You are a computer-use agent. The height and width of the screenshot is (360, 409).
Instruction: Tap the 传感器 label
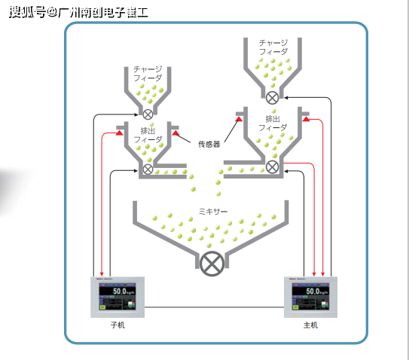tap(209, 143)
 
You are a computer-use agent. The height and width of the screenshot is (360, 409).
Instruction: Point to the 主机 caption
tap(310, 325)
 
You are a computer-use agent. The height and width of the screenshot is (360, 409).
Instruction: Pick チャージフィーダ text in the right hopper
tap(273, 47)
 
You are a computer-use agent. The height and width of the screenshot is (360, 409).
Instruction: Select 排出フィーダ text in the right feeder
tap(273, 123)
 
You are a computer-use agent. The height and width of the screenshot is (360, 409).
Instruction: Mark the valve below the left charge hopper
tap(148, 114)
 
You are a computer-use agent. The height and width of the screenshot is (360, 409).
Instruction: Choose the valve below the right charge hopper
tap(273, 96)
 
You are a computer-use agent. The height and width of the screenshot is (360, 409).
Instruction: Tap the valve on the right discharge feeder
tap(273, 166)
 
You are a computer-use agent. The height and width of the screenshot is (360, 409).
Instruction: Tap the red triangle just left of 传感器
tap(176, 133)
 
